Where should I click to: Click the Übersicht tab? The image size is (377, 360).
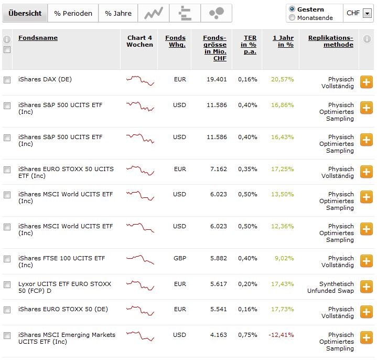pyautogui.click(x=25, y=13)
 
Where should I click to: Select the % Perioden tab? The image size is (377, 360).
pyautogui.click(x=73, y=13)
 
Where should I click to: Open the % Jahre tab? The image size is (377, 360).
pyautogui.click(x=118, y=13)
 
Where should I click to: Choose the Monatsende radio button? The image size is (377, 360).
pyautogui.click(x=292, y=18)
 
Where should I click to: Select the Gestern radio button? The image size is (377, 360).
pyautogui.click(x=292, y=9)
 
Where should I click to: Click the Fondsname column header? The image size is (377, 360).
pyautogui.click(x=38, y=38)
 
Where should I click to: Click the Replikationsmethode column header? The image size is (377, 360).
pyautogui.click(x=330, y=41)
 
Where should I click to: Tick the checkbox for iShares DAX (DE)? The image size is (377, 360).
pyautogui.click(x=7, y=80)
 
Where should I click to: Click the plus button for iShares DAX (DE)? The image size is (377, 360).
pyautogui.click(x=366, y=82)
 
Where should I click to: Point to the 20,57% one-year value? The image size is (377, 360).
pyautogui.click(x=282, y=80)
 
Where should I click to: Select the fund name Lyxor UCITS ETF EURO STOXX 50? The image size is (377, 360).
pyautogui.click(x=64, y=287)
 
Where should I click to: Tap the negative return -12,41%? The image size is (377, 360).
pyautogui.click(x=281, y=335)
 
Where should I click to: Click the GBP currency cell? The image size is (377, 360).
pyautogui.click(x=179, y=258)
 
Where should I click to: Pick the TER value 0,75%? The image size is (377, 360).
pyautogui.click(x=247, y=335)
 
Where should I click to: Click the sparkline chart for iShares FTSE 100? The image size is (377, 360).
pyautogui.click(x=140, y=259)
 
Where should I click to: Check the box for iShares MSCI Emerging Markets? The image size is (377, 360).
pyautogui.click(x=7, y=335)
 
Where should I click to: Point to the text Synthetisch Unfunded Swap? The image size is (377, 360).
pyautogui.click(x=330, y=287)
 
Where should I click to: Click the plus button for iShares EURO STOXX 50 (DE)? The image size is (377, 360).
pyautogui.click(x=366, y=312)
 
